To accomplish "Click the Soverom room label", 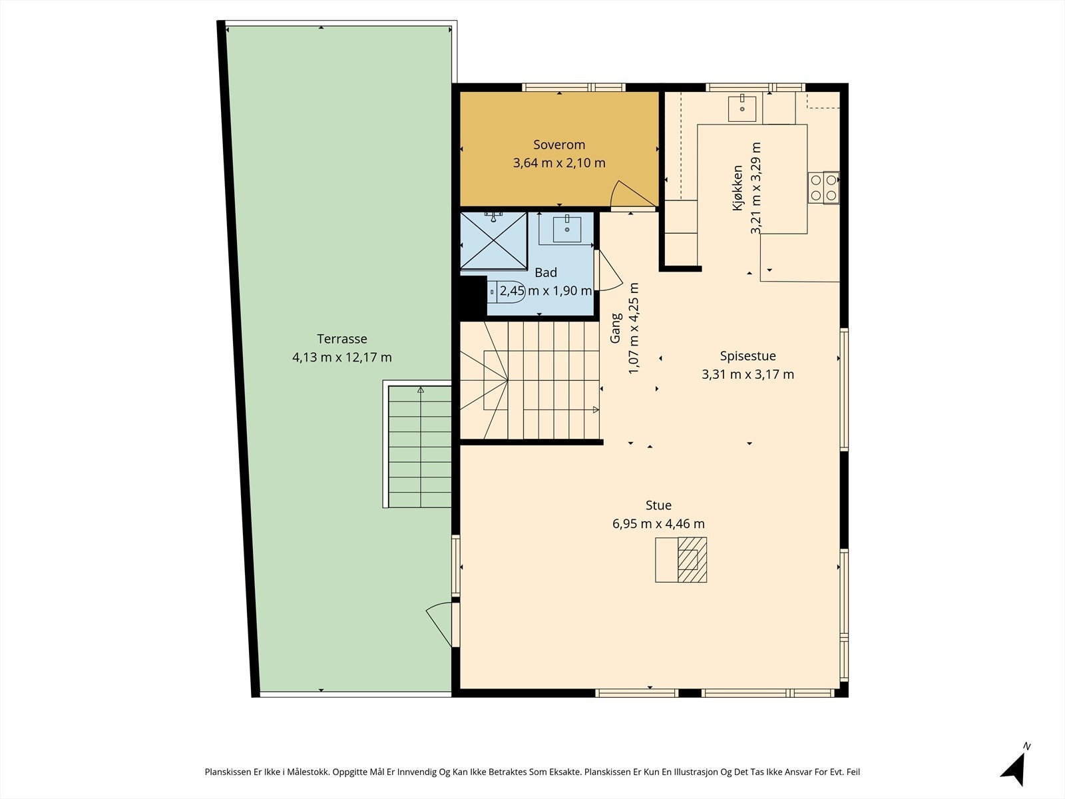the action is click(559, 144).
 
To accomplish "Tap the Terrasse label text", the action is click(342, 339).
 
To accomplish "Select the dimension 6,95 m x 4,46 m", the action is click(658, 524).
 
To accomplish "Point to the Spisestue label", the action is click(747, 356).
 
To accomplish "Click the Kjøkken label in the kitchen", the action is click(738, 188).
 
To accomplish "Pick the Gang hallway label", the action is click(615, 328).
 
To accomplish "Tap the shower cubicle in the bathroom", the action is click(493, 240).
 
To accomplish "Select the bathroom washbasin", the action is click(566, 228).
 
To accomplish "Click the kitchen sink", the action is click(742, 109).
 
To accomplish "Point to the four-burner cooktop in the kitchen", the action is click(823, 188).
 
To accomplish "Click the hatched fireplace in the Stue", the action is click(692, 559).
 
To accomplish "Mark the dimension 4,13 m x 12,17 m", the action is click(342, 358).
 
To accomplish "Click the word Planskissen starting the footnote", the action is click(228, 772).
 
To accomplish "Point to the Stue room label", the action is click(658, 505).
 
